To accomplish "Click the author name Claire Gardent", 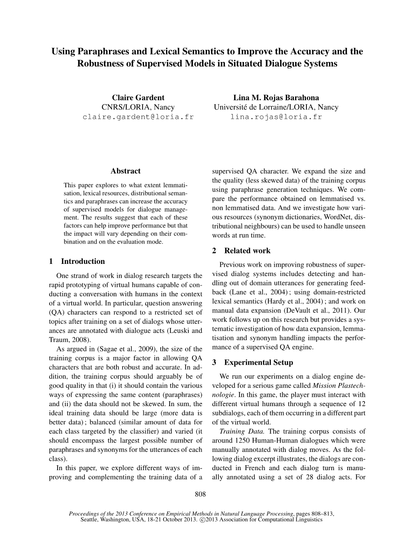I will coord(138,98).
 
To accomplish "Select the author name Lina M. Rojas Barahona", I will coord(276,98).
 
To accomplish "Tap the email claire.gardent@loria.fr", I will coord(138,117).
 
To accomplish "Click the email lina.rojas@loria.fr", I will coord(276,117).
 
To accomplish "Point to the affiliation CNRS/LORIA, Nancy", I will coord(138,107).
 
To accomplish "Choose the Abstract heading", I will coord(125,171).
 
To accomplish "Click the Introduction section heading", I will coord(83,261).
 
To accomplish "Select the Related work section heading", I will coord(247,251).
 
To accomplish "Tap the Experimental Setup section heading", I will coord(258,362).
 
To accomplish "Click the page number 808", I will coord(201,494).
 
